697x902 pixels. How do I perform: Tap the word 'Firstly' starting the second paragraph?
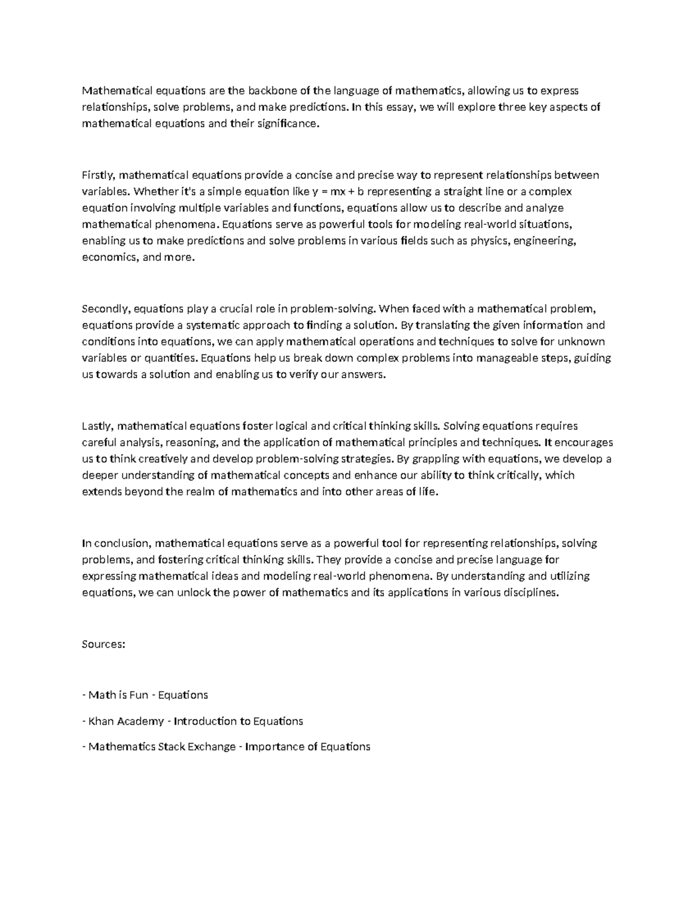[x=99, y=175]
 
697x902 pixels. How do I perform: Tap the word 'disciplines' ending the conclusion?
[x=531, y=593]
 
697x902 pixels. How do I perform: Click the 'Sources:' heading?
[x=103, y=644]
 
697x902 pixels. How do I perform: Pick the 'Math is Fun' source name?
[x=115, y=695]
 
